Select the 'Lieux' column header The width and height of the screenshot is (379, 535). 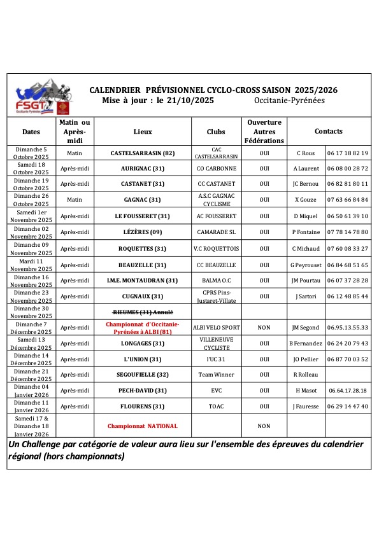tap(143, 132)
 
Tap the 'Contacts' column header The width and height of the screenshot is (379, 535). tap(328, 132)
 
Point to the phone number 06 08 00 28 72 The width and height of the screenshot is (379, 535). tap(348, 169)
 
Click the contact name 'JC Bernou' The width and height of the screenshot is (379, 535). tap(306, 184)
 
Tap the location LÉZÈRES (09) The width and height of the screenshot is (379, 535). tap(143, 232)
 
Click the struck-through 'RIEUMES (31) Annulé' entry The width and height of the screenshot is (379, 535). tap(143, 312)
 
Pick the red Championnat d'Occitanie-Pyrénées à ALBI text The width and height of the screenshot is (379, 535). tap(143, 328)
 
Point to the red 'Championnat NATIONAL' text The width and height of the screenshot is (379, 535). tap(143, 426)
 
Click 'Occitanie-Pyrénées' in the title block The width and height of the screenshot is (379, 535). tap(289, 101)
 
